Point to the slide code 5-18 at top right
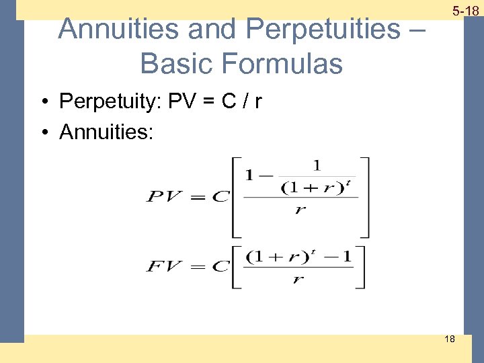[465, 11]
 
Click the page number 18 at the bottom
[449, 339]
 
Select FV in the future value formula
[165, 266]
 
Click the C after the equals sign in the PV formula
[220, 197]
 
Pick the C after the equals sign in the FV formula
[220, 266]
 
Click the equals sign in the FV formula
[196, 266]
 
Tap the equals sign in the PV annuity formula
[197, 197]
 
